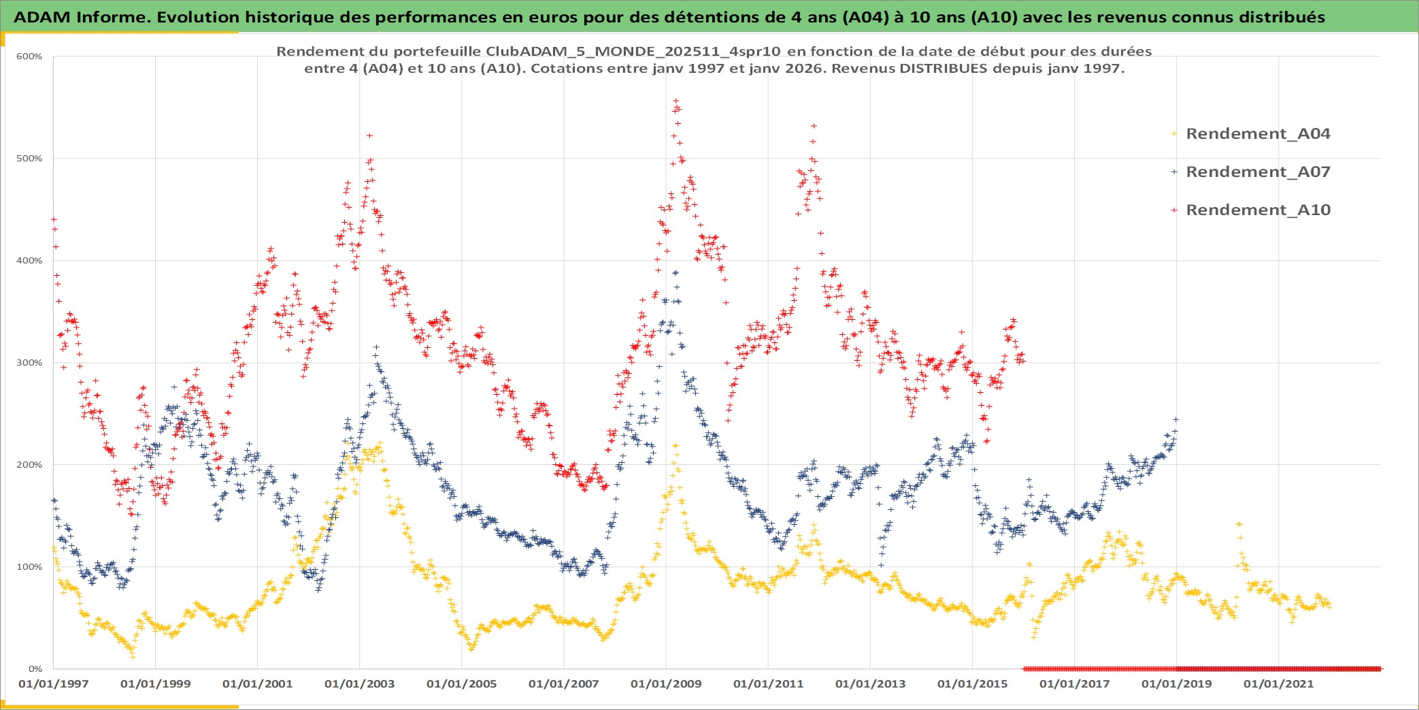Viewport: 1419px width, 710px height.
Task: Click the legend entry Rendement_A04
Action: pos(1257,134)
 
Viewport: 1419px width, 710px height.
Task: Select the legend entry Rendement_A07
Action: pos(1257,172)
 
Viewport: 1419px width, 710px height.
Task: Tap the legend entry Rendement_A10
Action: pos(1257,210)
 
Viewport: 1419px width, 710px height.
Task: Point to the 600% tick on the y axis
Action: pos(29,57)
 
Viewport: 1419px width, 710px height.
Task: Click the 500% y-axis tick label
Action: pos(29,159)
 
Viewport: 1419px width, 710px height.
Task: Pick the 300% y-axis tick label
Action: pos(29,363)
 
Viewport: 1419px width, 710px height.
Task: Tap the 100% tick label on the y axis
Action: pos(29,567)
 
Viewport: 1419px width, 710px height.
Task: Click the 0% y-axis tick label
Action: pos(35,669)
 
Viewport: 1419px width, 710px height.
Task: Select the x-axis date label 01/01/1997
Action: pos(53,684)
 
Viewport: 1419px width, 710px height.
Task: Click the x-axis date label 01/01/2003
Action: pos(359,684)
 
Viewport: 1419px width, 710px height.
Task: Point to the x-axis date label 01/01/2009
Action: pos(665,684)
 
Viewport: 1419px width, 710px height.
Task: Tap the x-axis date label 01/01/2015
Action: pos(972,684)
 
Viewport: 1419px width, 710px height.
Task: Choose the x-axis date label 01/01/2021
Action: pos(1278,684)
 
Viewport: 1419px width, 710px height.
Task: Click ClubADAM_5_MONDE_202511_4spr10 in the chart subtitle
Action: pos(633,52)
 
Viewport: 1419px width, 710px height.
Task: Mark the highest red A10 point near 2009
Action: pos(675,101)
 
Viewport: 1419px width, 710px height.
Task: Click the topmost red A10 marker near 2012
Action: pos(814,126)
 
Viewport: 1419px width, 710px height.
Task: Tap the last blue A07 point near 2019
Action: pos(1175,419)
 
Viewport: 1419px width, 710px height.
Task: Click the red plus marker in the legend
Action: pos(1173,210)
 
